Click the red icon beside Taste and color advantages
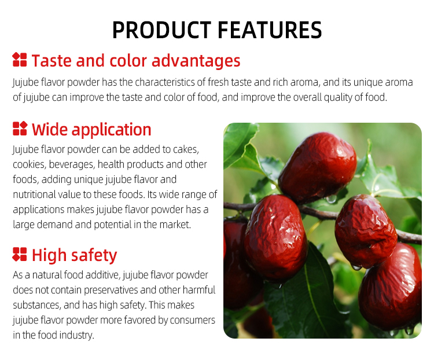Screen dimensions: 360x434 (20, 60)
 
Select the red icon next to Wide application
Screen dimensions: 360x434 (20, 128)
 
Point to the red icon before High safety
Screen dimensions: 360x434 (20, 254)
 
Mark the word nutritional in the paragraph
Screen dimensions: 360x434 (36, 194)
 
